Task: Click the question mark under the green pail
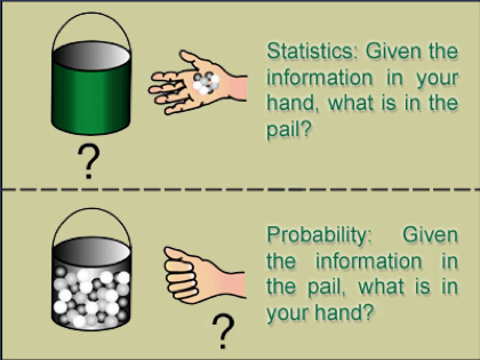[89, 161]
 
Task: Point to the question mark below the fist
[223, 332]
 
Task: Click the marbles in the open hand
[206, 83]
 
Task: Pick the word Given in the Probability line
[430, 235]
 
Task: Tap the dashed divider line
[240, 190]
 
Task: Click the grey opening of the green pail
[91, 55]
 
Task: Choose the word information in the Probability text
[369, 261]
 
